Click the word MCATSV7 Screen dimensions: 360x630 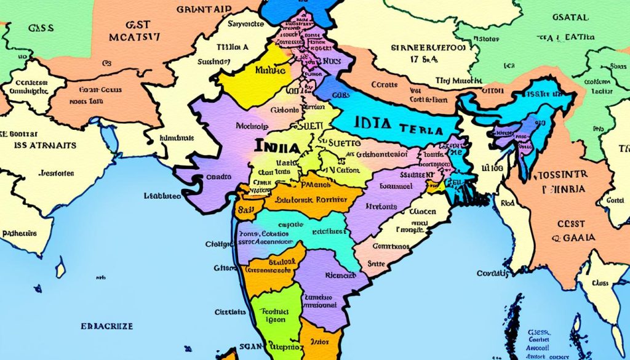[x=134, y=37]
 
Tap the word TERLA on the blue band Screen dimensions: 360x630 [x=421, y=130]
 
